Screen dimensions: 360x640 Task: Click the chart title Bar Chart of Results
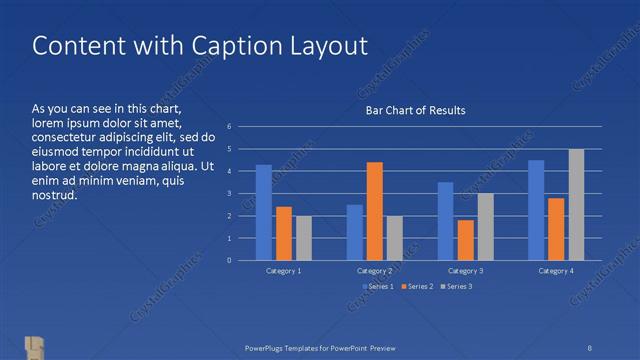pyautogui.click(x=414, y=110)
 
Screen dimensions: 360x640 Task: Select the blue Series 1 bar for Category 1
pyautogui.click(x=264, y=212)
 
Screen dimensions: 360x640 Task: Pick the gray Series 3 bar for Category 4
pyautogui.click(x=576, y=204)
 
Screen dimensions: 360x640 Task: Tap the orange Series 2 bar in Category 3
pyautogui.click(x=465, y=240)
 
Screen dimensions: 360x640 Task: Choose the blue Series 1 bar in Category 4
pyautogui.click(x=536, y=210)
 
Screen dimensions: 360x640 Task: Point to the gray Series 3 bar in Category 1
pyautogui.click(x=304, y=238)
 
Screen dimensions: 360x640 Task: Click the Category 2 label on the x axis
pyautogui.click(x=375, y=271)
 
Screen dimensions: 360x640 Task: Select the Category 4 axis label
pyautogui.click(x=556, y=271)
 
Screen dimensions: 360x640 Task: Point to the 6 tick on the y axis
pyautogui.click(x=230, y=127)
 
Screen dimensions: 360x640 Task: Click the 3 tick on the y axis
pyautogui.click(x=230, y=194)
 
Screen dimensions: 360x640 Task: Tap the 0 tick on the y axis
pyautogui.click(x=230, y=261)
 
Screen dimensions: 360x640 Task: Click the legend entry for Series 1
pyautogui.click(x=378, y=287)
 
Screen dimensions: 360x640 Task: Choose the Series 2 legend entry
pyautogui.click(x=416, y=287)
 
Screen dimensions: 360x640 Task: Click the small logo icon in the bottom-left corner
pyautogui.click(x=34, y=346)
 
